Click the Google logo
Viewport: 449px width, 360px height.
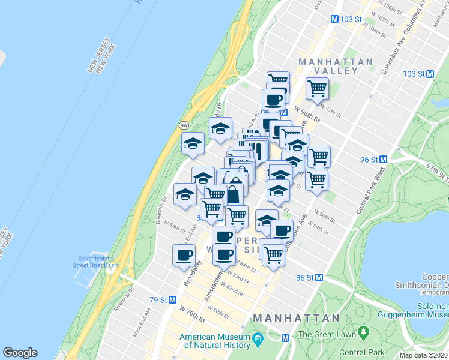pyautogui.click(x=20, y=353)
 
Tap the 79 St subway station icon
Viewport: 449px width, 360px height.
pyautogui.click(x=172, y=299)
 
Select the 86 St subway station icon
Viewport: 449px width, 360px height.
pyautogui.click(x=319, y=278)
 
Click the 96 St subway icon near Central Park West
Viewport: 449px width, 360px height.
pyautogui.click(x=382, y=160)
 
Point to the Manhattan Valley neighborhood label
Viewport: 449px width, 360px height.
pyautogui.click(x=336, y=66)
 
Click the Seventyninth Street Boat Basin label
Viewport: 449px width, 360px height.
pyautogui.click(x=96, y=262)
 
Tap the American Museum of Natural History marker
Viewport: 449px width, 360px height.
pyautogui.click(x=258, y=339)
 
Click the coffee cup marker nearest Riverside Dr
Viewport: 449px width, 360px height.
pyautogui.click(x=184, y=255)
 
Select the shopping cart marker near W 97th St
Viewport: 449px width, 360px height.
pyautogui.click(x=317, y=89)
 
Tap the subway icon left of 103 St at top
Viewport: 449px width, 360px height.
pyautogui.click(x=336, y=19)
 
